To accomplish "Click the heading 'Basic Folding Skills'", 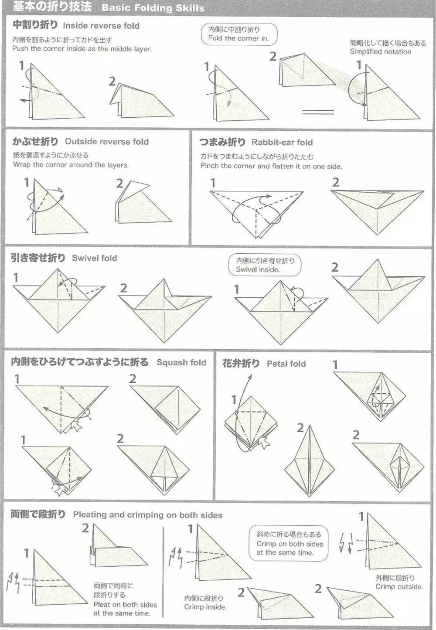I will [153, 8].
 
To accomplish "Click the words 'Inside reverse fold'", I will [101, 26].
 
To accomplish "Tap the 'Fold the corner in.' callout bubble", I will [239, 34].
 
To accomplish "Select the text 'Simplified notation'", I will [380, 51].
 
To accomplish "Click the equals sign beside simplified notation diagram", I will [318, 112].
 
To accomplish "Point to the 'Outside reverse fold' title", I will [107, 142].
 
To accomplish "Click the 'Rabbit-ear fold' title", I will [282, 143].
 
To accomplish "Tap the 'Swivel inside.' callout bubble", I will [265, 265].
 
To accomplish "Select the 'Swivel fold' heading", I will [95, 258].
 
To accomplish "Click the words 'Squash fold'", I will [181, 362].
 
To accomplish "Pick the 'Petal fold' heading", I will [286, 364].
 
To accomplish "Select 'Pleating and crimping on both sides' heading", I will [147, 515].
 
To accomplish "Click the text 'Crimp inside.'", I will [205, 607].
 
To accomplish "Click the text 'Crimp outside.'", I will [399, 586].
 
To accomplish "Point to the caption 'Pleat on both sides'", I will [125, 604].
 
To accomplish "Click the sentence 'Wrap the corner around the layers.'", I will [71, 165].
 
